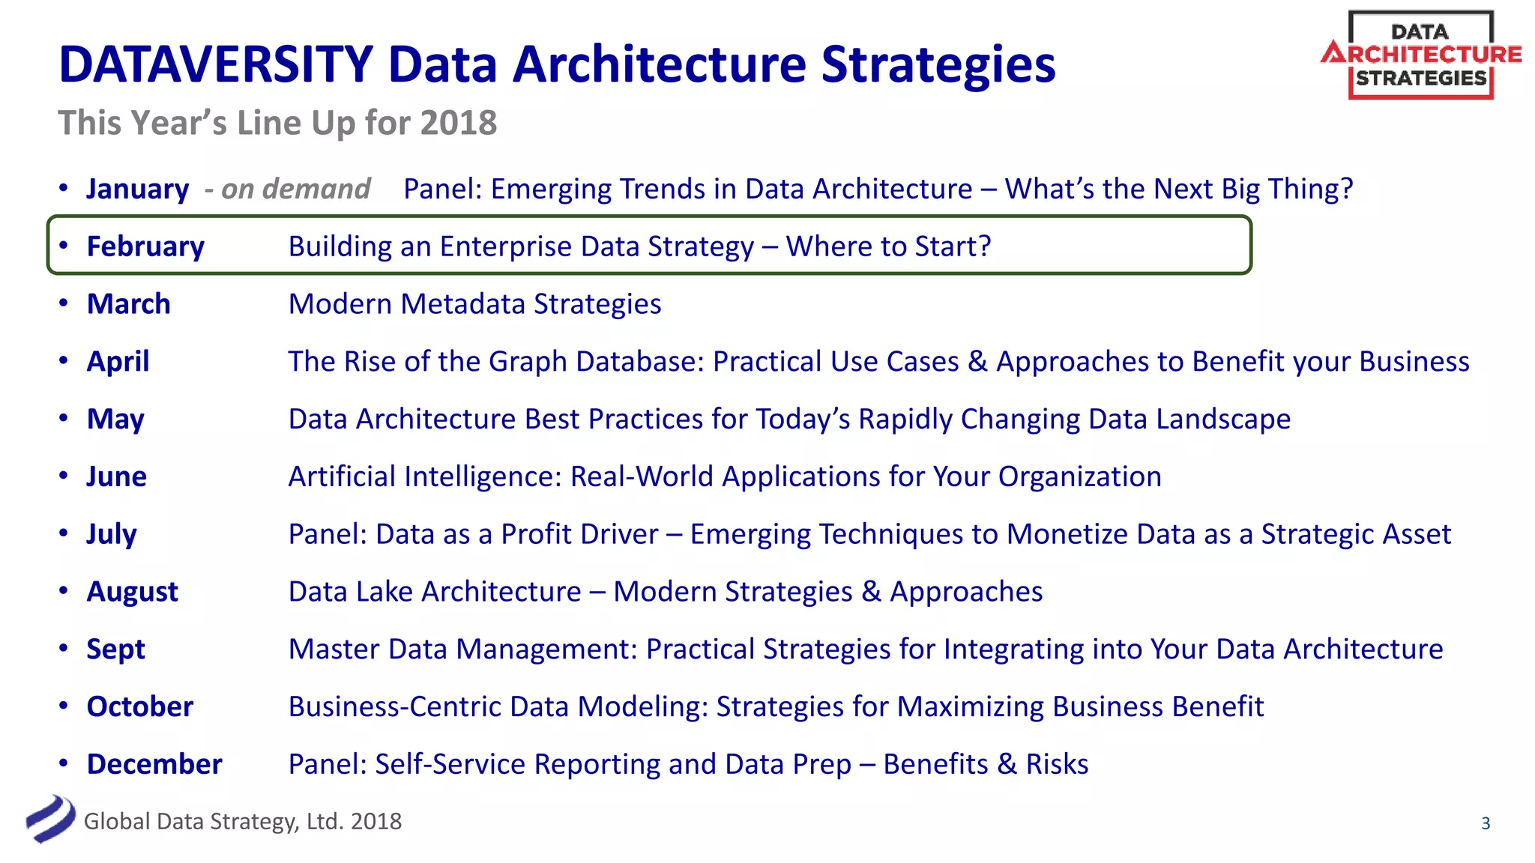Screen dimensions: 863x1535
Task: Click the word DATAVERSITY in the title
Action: coord(216,64)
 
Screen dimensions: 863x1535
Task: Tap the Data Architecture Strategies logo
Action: coord(1420,55)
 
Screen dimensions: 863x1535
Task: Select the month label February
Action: coord(145,246)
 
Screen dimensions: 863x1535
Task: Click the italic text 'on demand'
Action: coord(295,189)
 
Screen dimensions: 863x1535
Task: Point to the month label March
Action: coord(128,304)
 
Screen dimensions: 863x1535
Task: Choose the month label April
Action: coord(118,361)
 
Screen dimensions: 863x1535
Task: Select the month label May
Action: coord(115,420)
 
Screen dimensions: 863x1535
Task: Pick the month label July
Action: coord(112,534)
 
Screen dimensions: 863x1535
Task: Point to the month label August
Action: coord(132,592)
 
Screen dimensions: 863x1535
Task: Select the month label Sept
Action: coord(115,649)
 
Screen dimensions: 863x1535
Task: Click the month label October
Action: coord(139,706)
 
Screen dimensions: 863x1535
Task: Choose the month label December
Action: coord(154,764)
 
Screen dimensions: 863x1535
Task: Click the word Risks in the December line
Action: coord(1057,764)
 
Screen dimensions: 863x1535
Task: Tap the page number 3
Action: coord(1486,823)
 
